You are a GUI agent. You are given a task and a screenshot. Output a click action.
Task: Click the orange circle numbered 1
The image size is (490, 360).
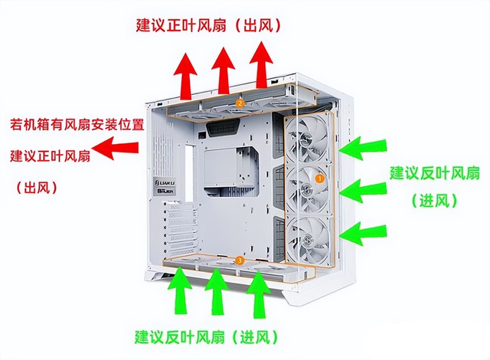pyautogui.click(x=321, y=177)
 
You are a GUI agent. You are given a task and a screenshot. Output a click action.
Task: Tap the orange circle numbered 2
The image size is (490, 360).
pyautogui.click(x=240, y=103)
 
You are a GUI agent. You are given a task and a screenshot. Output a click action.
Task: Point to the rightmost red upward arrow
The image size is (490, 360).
pyautogui.click(x=262, y=64)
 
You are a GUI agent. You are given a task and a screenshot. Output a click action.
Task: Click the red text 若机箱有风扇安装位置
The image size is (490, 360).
pyautogui.click(x=74, y=123)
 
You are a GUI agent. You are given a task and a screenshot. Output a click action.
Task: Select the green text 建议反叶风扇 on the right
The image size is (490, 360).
pyautogui.click(x=434, y=172)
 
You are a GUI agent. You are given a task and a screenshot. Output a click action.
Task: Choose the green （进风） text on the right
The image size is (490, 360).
pyautogui.click(x=434, y=201)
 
